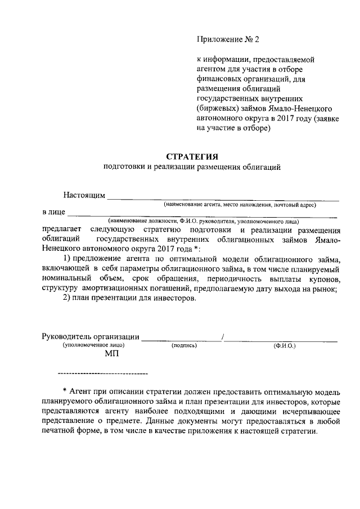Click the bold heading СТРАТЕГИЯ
(191, 156)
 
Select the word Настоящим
(84, 195)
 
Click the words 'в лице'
(54, 212)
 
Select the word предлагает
(61, 229)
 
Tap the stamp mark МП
(112, 354)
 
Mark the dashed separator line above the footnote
(102, 373)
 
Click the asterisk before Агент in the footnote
(65, 391)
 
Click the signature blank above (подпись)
(181, 339)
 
